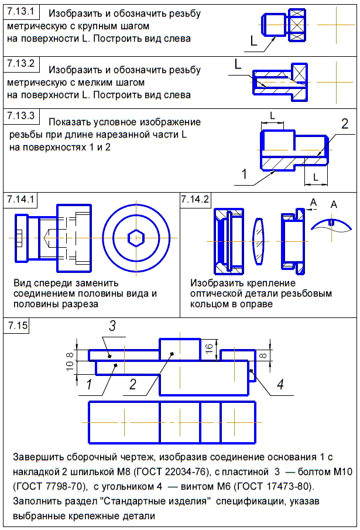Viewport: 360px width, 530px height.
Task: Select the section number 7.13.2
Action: point(21,63)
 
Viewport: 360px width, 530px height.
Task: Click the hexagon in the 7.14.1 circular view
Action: point(136,238)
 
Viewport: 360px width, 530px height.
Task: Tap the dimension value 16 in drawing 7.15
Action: point(210,347)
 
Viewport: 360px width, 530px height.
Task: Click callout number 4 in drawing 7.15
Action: point(280,385)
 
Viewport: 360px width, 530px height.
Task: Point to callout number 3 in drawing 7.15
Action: point(114,326)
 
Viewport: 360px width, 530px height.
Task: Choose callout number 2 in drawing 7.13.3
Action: point(345,124)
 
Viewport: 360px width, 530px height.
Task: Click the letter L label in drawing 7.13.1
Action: point(253,42)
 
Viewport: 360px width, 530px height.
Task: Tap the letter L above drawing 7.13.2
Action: point(238,64)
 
